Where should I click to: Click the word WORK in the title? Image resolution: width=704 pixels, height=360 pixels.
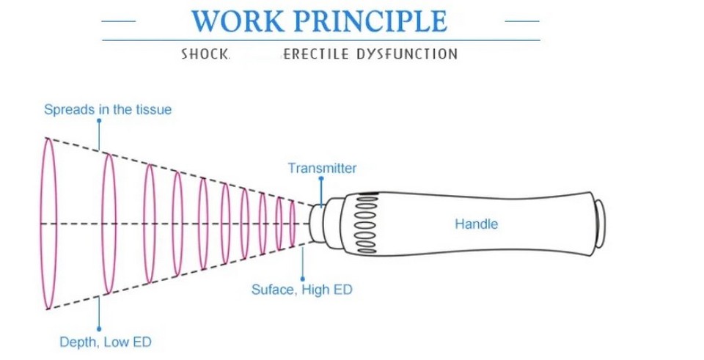coord(238,21)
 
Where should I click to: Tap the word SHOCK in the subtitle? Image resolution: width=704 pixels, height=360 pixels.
coord(205,54)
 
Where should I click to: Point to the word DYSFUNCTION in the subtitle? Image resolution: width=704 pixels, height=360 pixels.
coord(407,54)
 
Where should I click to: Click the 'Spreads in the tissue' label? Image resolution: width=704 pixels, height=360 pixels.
coord(108,110)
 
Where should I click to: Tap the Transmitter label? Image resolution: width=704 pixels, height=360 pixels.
coord(322,169)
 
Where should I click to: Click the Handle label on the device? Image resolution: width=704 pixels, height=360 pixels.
coord(477,224)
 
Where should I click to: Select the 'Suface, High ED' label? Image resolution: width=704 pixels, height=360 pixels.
coord(301,290)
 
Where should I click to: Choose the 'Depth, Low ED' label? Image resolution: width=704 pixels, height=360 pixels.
coord(106,342)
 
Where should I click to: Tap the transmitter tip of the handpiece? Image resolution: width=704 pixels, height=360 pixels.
coord(315,224)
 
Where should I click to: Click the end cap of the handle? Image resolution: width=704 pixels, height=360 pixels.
coord(601,224)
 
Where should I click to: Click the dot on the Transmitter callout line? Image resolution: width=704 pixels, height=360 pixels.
coord(321,179)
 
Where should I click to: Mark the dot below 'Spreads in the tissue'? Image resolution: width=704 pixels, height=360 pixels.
coord(99,120)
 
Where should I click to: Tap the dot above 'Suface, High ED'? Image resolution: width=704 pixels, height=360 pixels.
coord(302,279)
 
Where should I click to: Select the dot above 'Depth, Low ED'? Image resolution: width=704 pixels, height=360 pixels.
coord(99,329)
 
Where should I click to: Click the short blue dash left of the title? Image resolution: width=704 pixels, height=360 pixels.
coord(119,21)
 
